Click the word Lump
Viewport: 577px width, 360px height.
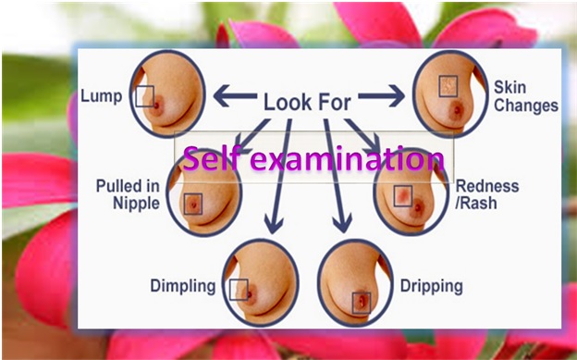pyautogui.click(x=101, y=96)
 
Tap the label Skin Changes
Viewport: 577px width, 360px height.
pyautogui.click(x=526, y=96)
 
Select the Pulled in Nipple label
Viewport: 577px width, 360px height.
pyautogui.click(x=128, y=194)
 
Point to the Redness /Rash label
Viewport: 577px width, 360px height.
pyautogui.click(x=487, y=194)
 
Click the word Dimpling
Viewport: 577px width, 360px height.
pyautogui.click(x=183, y=286)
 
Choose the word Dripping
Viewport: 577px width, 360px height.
pyautogui.click(x=431, y=286)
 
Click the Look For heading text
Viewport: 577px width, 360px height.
pyautogui.click(x=307, y=102)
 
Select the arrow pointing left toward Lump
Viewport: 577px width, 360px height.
pyautogui.click(x=235, y=96)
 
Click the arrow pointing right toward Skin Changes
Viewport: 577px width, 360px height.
pyautogui.click(x=382, y=96)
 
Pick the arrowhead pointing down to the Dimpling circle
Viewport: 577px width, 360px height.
pyautogui.click(x=274, y=225)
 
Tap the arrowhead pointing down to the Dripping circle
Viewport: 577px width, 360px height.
pyautogui.click(x=342, y=224)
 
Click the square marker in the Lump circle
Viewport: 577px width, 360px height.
pyautogui.click(x=144, y=96)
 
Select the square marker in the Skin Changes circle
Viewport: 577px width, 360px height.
pyautogui.click(x=448, y=86)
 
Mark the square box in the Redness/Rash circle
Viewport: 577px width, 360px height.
pyautogui.click(x=403, y=196)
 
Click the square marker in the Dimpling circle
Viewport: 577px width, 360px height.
pyautogui.click(x=239, y=290)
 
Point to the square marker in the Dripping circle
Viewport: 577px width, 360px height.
pyautogui.click(x=361, y=303)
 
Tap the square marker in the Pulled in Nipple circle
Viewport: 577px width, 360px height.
pyautogui.click(x=193, y=204)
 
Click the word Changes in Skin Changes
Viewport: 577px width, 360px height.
pyautogui.click(x=526, y=105)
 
